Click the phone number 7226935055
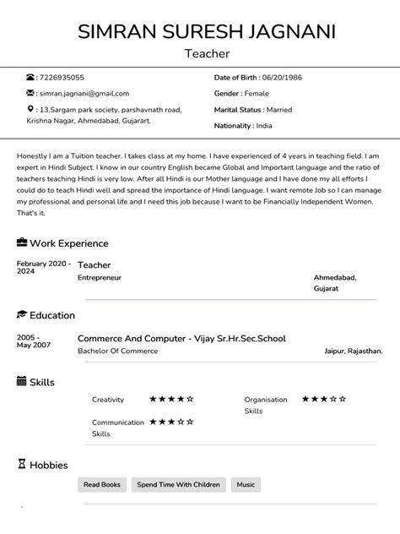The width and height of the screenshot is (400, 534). tap(62, 78)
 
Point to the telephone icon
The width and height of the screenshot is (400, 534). tap(31, 78)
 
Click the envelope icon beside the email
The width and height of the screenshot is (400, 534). tap(31, 93)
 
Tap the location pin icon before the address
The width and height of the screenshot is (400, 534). tap(31, 109)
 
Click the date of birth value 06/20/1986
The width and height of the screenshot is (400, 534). tap(282, 78)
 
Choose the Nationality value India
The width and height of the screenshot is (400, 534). tap(264, 125)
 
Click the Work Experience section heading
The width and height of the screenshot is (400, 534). tap(69, 243)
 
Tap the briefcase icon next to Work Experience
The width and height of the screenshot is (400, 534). tap(22, 242)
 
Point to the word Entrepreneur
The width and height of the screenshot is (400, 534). tap(100, 277)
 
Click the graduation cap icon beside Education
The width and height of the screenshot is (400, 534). tap(22, 315)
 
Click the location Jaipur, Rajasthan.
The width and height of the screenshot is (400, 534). tap(353, 351)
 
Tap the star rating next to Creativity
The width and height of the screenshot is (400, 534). tap(171, 399)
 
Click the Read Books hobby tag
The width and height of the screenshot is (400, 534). tap(102, 485)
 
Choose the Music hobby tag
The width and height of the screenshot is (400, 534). tap(246, 485)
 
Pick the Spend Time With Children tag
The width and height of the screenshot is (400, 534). tap(178, 485)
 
